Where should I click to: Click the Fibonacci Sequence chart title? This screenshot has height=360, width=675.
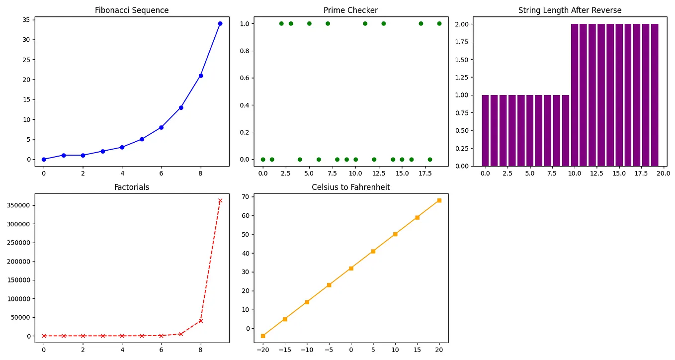[132, 10]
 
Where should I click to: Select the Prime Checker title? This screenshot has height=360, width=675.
[350, 10]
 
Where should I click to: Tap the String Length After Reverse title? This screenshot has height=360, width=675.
[570, 10]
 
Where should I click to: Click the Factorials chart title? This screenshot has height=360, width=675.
[132, 187]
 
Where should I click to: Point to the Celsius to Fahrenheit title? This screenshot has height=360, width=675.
[350, 187]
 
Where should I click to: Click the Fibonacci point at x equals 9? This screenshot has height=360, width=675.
[220, 23]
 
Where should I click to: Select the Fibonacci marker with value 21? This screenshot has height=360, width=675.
[201, 76]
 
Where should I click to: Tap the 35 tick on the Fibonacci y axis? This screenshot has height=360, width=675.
[25, 20]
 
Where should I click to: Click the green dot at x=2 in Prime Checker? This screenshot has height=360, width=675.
[281, 23]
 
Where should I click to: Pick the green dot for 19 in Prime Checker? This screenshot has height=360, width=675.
[439, 23]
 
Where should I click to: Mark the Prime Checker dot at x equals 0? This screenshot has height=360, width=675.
[263, 159]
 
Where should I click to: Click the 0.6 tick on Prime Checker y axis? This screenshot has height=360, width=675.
[247, 78]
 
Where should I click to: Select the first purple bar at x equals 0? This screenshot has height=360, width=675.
[485, 130]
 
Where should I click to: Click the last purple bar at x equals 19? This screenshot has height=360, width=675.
[655, 94]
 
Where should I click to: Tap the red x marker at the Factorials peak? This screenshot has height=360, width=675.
[220, 200]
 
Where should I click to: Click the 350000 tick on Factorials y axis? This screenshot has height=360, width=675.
[18, 205]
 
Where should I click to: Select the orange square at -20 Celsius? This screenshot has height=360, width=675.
[263, 336]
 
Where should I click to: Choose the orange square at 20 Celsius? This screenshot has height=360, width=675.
[439, 200]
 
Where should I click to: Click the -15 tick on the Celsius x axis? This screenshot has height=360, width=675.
[285, 350]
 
